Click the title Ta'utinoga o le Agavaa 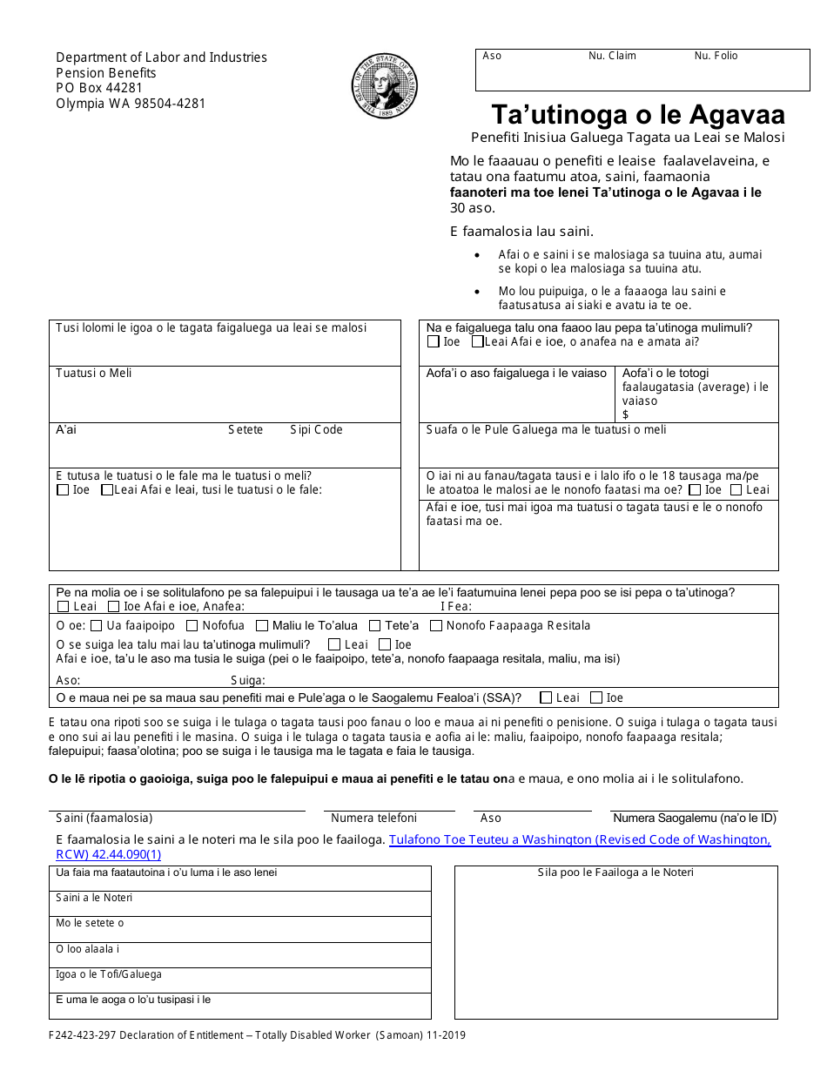coord(638,115)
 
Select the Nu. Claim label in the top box coord(612,56)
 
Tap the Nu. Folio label coord(716,56)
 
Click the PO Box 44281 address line coord(99,88)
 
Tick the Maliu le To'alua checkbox coord(262,625)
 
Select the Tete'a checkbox coord(375,625)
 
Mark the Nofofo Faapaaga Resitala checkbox coord(437,625)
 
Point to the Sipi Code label coord(316,430)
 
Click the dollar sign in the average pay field coord(626,414)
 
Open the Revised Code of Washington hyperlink coord(579,847)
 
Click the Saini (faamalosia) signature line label coord(104,818)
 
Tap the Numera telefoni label coord(373,818)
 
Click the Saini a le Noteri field coord(239,904)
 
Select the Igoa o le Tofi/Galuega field coord(239,980)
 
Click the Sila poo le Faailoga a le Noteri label coord(615,872)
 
